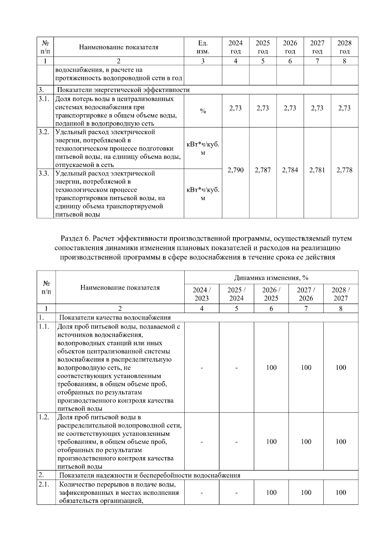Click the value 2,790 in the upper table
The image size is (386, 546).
click(235, 170)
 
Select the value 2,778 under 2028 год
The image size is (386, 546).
click(344, 170)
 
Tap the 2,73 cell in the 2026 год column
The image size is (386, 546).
click(290, 108)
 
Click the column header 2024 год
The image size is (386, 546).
click(235, 47)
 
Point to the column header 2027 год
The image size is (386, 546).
click(317, 47)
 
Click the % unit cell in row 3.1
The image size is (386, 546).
click(203, 111)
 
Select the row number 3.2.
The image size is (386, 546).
click(44, 132)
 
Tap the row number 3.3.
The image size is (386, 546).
click(44, 173)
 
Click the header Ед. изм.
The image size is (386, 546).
click(203, 47)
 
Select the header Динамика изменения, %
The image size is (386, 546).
click(271, 278)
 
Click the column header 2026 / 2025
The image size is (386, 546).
click(271, 294)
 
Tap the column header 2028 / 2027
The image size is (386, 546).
click(341, 294)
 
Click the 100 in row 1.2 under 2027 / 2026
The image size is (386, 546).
click(306, 441)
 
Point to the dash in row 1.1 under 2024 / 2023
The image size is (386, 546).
click(202, 367)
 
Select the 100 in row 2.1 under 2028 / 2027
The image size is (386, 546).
click(341, 492)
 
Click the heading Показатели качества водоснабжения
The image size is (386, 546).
click(115, 318)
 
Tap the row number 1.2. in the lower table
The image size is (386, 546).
click(44, 417)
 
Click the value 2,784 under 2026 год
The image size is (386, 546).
click(290, 170)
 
